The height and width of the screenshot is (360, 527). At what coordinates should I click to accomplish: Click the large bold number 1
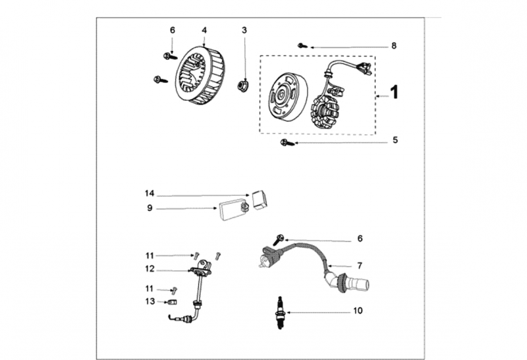[x=395, y=92]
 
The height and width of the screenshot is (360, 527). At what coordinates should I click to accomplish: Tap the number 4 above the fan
[x=204, y=30]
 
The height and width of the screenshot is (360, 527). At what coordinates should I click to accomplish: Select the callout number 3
[x=244, y=30]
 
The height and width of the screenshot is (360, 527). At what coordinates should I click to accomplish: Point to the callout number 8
[x=394, y=46]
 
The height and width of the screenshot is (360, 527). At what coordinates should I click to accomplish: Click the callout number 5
[x=395, y=140]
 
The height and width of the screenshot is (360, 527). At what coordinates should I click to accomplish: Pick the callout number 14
[x=150, y=194]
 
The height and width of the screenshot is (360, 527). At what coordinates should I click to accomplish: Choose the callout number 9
[x=150, y=208]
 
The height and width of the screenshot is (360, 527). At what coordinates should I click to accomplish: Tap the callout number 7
[x=360, y=266]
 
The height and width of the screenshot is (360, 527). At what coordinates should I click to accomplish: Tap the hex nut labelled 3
[x=244, y=84]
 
